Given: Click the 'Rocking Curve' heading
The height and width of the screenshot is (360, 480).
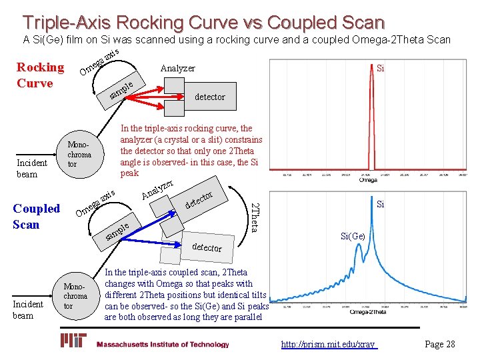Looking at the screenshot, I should pos(39,75).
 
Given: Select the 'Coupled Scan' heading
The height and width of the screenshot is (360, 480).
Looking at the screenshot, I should pos(36,216).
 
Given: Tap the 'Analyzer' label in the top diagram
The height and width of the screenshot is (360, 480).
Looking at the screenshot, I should pos(177,68).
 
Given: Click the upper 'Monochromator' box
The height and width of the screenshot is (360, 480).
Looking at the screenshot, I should pos(79,154).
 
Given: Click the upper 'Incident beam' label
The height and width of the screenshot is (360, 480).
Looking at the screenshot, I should pos(31,168).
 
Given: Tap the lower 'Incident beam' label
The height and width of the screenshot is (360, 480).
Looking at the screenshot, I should pos(27,309).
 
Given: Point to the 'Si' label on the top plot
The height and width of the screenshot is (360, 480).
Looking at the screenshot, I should pos(380,68).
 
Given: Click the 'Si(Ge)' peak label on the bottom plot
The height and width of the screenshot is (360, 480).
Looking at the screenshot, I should pos(353,235).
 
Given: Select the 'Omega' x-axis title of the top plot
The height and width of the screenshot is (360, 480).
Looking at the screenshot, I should pos(368,179).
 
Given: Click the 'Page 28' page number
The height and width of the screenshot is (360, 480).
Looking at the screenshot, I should pos(439,344).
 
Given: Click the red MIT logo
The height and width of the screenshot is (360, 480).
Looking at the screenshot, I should pos(74,341).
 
